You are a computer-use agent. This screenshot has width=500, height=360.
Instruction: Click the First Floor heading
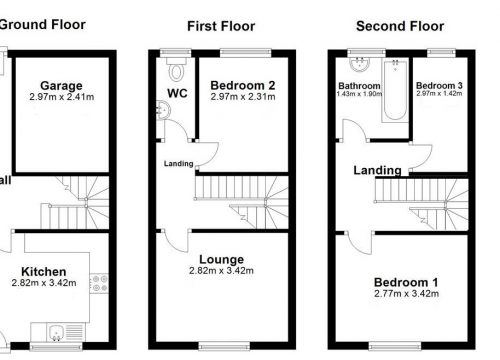pos(221,26)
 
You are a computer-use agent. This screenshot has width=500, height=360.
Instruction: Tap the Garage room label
pos(61,86)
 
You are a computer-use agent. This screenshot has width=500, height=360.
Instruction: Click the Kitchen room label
pos(45,271)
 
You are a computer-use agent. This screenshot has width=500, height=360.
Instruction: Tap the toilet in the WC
pos(177,69)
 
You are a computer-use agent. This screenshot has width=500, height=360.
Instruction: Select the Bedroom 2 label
pos(237,85)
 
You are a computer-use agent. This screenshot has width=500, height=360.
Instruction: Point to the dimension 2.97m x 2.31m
pos(237,97)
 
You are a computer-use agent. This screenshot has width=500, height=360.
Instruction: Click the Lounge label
pos(221,259)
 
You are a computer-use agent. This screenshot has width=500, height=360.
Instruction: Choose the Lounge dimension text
pos(221,271)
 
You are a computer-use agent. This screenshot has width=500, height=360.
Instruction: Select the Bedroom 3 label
pos(439,86)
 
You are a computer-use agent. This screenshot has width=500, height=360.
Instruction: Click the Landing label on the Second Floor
pos(378,171)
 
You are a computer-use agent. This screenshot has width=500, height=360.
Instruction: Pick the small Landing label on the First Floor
pos(178,164)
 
